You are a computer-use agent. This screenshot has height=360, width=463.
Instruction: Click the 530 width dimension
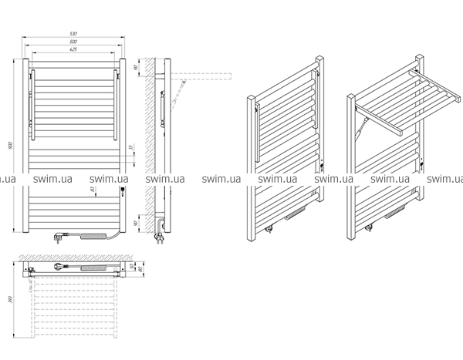click(x=73, y=34)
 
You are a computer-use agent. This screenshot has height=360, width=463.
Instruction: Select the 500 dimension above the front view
click(x=73, y=42)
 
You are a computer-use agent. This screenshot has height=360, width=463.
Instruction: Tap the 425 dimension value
click(x=73, y=49)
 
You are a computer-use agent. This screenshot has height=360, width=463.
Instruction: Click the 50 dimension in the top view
click(x=131, y=265)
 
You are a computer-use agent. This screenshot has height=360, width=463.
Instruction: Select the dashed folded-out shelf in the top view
click(x=73, y=308)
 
